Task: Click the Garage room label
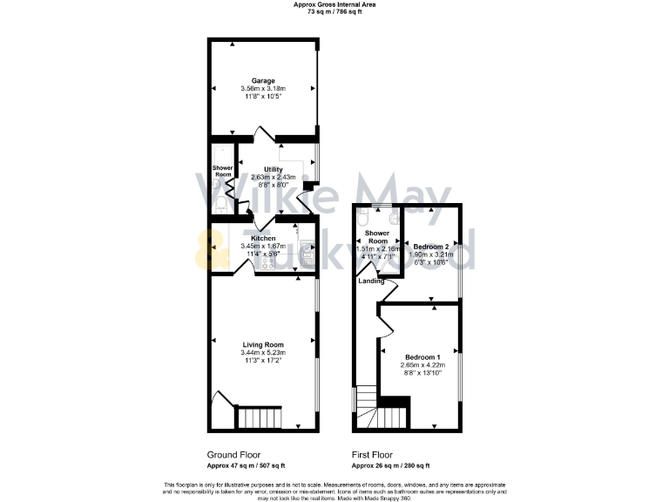[x=263, y=80]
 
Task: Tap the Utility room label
[x=274, y=169]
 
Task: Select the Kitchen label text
[x=263, y=238]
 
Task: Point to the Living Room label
[x=263, y=344]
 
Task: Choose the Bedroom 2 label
[x=431, y=247]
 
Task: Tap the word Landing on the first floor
[x=371, y=280]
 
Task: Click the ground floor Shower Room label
[x=223, y=172]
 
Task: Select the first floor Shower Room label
[x=377, y=237]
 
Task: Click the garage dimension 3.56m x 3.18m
[x=263, y=88]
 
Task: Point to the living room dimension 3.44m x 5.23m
[x=263, y=352]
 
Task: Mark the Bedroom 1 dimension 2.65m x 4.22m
[x=421, y=364]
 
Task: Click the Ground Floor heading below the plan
[x=233, y=455]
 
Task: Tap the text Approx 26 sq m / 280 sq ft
[x=390, y=465]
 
